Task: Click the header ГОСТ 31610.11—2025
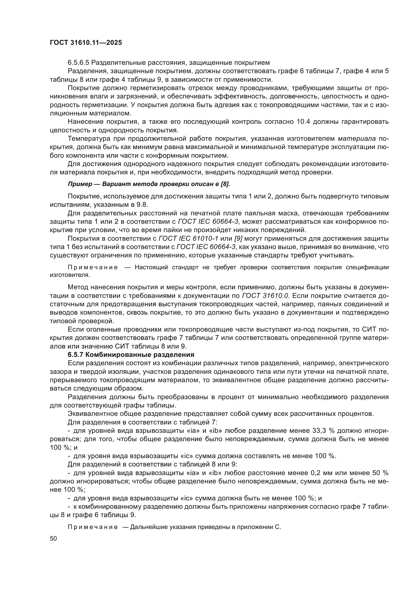click(x=86, y=43)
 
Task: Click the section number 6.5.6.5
click(x=79, y=63)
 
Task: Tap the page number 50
click(x=53, y=538)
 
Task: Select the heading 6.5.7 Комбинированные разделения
click(x=131, y=355)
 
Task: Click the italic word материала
click(x=357, y=139)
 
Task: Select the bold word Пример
click(x=80, y=184)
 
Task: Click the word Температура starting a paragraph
click(x=89, y=139)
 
